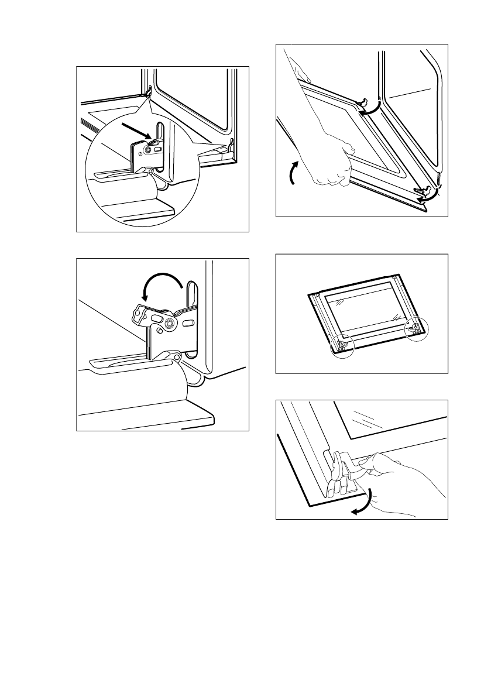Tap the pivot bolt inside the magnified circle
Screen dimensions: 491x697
tap(147, 150)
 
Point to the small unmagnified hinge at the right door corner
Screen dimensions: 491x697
tap(232, 142)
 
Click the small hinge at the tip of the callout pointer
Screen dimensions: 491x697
tap(149, 90)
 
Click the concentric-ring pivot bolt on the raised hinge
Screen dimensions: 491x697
tap(170, 323)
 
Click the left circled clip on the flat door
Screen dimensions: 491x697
tap(342, 345)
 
